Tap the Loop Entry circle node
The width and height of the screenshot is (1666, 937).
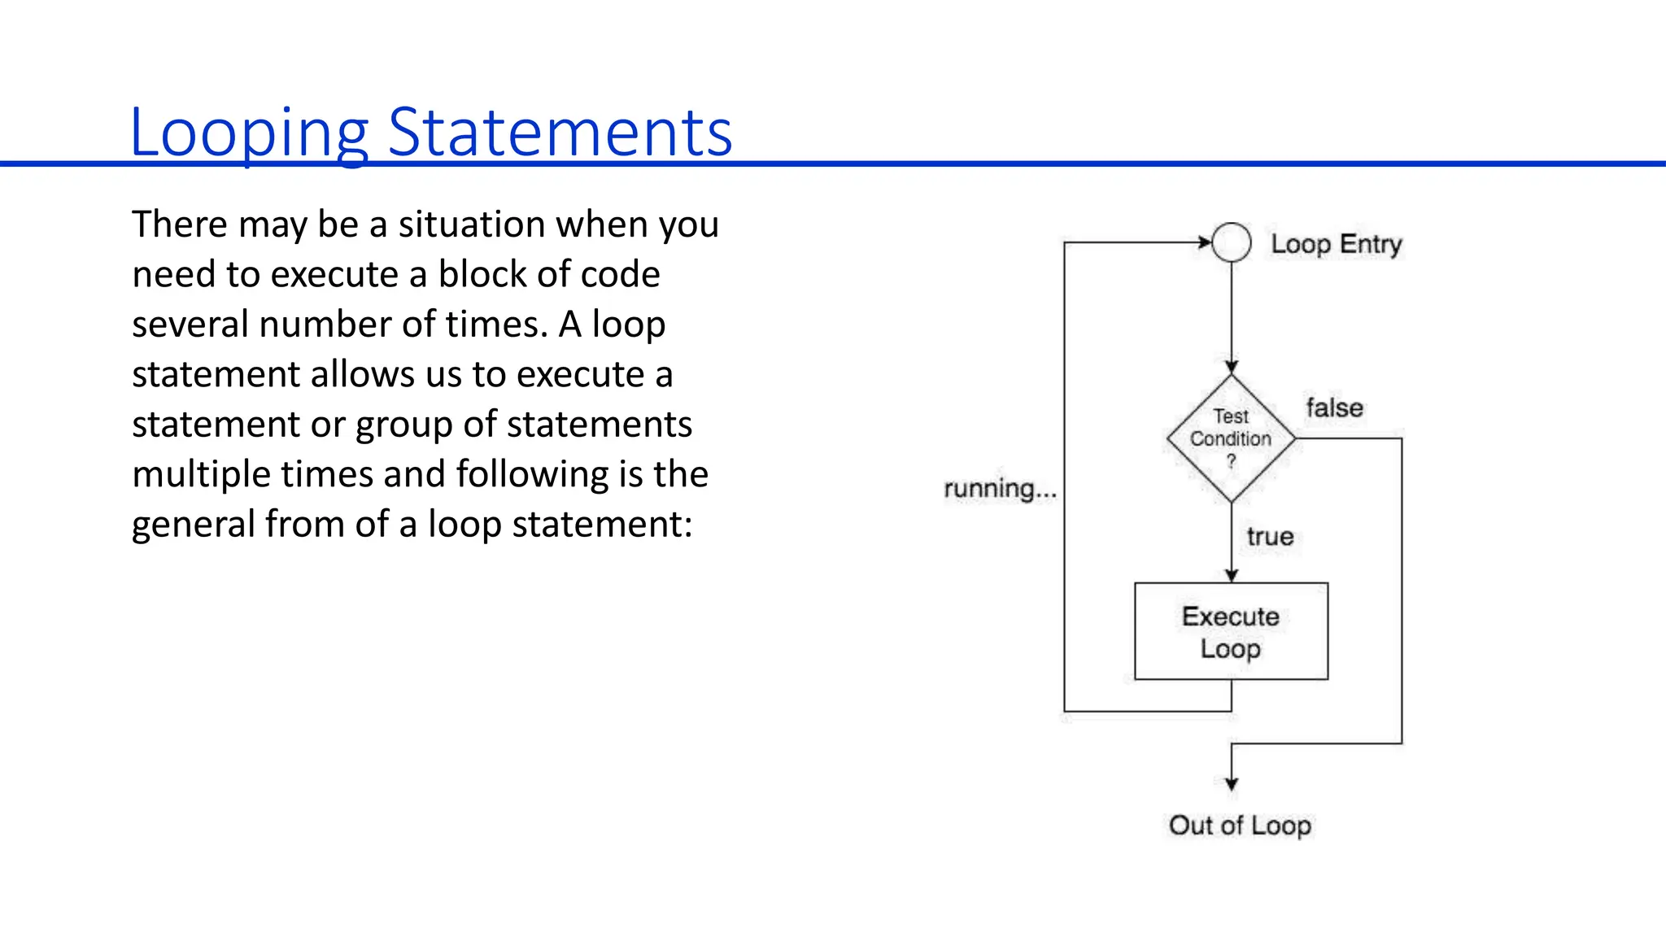(1231, 242)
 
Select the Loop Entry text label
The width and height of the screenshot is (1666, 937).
(1337, 244)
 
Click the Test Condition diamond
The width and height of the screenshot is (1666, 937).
(1231, 438)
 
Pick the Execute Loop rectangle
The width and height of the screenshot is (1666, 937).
(1231, 631)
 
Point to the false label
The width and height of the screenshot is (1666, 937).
(1334, 407)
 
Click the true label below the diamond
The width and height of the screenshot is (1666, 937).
(1270, 537)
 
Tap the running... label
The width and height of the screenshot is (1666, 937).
(1000, 489)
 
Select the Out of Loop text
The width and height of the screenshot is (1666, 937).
(1240, 826)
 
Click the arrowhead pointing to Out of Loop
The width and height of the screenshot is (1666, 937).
(1232, 784)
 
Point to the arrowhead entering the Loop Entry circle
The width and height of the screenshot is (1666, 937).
(1205, 242)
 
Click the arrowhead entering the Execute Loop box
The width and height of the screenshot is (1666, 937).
(1232, 576)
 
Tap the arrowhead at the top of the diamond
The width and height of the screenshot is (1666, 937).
(1232, 368)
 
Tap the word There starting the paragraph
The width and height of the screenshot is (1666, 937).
(180, 225)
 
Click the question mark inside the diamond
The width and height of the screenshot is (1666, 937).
(1231, 461)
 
